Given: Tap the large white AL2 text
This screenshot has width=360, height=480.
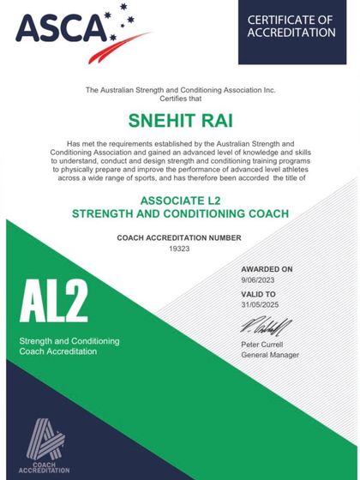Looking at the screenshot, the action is (54, 304).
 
